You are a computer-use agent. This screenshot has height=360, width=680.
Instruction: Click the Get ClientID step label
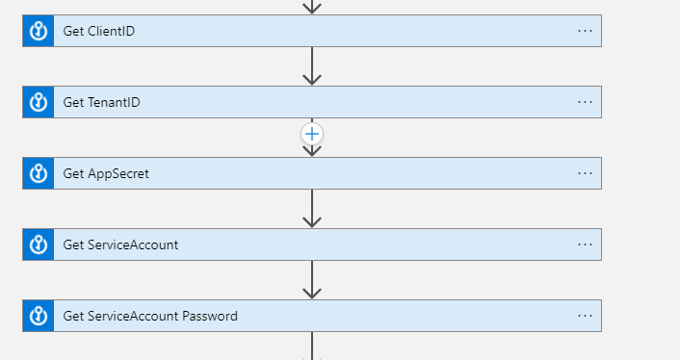(99, 31)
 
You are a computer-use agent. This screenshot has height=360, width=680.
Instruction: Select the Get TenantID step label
(103, 102)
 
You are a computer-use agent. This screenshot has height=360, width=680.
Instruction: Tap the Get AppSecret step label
(106, 173)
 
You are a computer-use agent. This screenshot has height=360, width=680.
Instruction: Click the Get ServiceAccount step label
(120, 244)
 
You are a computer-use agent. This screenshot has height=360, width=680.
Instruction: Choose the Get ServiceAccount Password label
(150, 316)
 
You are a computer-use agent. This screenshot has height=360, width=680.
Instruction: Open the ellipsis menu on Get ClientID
(585, 31)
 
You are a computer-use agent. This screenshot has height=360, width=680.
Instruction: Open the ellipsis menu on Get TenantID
(585, 102)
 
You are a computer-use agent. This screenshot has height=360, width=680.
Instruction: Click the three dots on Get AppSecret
(585, 173)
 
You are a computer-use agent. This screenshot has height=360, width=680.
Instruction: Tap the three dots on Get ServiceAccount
(585, 244)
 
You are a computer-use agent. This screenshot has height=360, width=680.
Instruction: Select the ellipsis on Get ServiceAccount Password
(585, 316)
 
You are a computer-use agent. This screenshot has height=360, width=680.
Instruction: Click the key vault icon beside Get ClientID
(39, 31)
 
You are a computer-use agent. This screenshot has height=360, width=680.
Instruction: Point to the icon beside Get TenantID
(39, 102)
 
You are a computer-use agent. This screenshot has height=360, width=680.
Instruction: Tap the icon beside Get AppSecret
(39, 173)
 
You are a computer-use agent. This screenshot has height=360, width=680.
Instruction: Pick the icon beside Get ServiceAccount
(39, 244)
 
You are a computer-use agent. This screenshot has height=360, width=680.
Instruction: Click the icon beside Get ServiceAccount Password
(39, 316)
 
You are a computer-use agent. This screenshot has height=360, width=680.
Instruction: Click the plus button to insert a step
(312, 134)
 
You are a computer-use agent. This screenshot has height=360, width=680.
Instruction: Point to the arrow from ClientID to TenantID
(311, 66)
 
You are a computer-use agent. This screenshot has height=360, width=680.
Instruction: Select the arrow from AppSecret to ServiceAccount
(311, 209)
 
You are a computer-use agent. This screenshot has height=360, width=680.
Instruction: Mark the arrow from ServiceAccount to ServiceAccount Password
(311, 280)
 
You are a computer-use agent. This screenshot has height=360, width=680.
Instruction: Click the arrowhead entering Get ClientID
(311, 7)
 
